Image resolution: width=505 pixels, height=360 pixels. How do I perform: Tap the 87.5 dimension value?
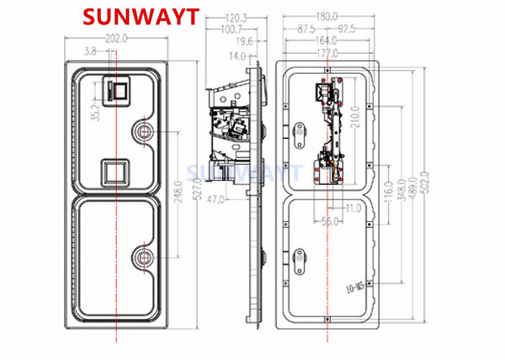pyautogui.click(x=306, y=28)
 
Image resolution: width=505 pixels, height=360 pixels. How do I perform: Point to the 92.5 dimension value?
pyautogui.click(x=345, y=28)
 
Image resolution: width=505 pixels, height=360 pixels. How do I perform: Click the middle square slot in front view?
pyautogui.click(x=114, y=172)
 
